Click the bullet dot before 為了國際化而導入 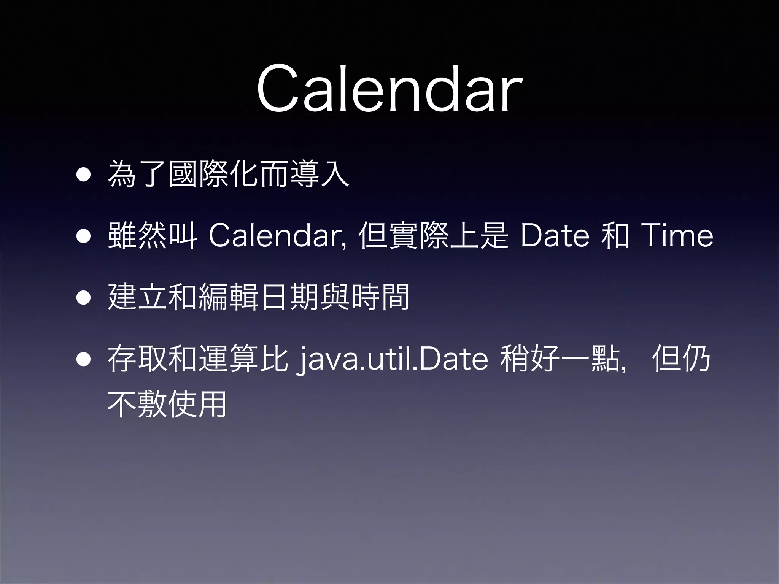pos(83,175)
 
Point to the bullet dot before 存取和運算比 pos(83,360)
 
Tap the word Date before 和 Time pos(555,236)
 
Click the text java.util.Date pos(394,359)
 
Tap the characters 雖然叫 pos(152,236)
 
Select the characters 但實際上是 pos(434,236)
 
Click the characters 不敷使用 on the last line pos(167,404)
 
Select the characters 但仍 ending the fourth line pos(681,359)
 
